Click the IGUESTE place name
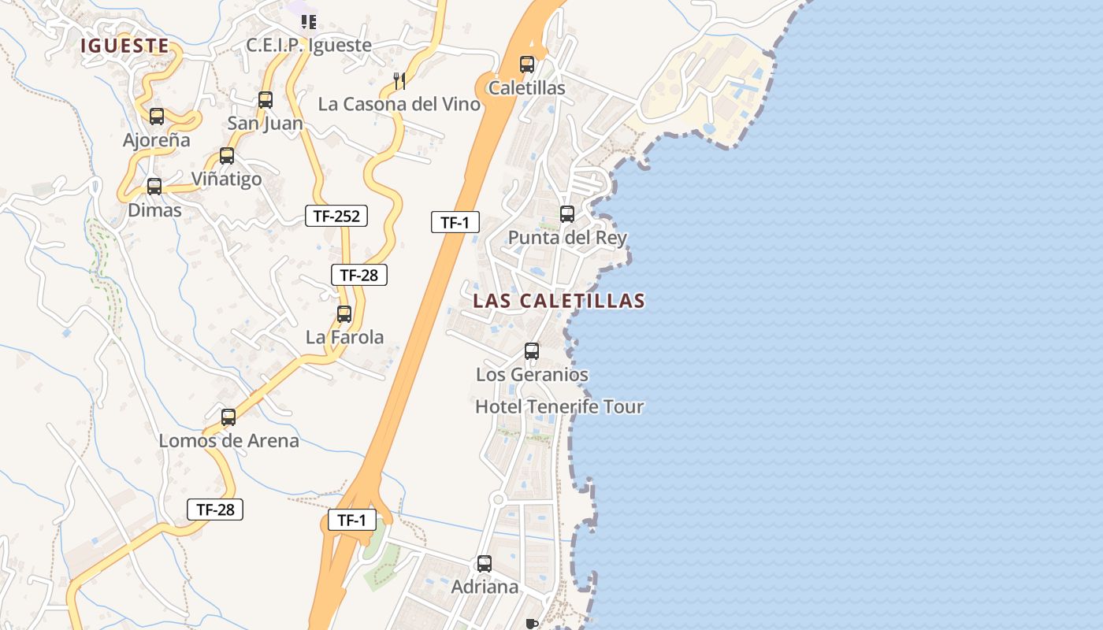tap(124, 46)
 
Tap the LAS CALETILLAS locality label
tap(559, 300)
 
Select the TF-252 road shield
tap(336, 216)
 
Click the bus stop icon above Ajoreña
tap(157, 117)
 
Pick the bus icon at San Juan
tap(266, 100)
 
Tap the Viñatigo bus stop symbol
tap(227, 156)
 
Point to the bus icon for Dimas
tap(154, 187)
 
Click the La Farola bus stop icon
tap(344, 314)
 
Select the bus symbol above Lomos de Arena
tap(228, 417)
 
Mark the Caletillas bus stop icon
tap(527, 65)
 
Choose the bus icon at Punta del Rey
tap(567, 214)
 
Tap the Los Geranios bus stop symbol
tap(532, 351)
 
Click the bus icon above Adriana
tap(485, 564)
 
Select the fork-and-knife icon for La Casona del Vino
tap(399, 80)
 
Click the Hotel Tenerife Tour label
tap(559, 406)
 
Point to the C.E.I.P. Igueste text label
tap(309, 45)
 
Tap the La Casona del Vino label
tap(399, 104)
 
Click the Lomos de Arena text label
tap(229, 440)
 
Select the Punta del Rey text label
tap(567, 237)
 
